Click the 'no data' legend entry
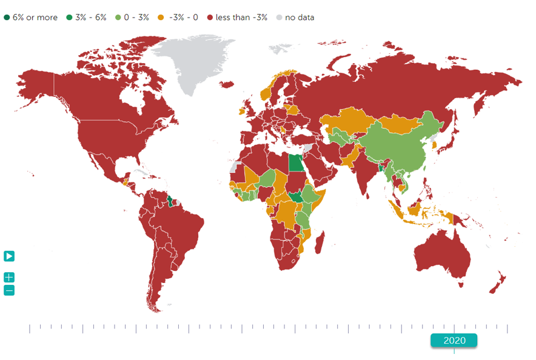[x=295, y=18]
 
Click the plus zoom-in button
[x=9, y=278]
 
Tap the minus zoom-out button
[x=9, y=290]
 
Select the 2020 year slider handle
[x=454, y=340]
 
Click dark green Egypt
[x=295, y=163]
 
